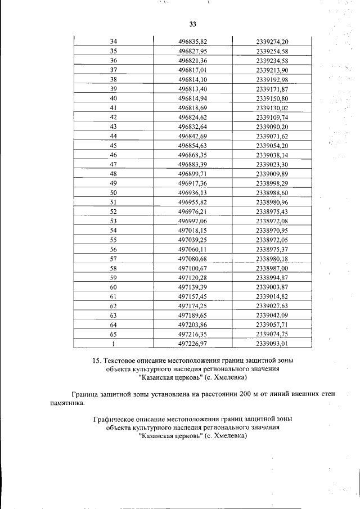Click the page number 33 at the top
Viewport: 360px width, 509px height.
point(192,24)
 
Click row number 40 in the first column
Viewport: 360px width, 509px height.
point(114,98)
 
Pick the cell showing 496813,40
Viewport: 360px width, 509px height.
point(193,89)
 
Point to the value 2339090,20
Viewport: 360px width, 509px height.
point(272,127)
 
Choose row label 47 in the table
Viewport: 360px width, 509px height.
point(114,164)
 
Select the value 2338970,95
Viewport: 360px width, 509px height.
point(272,230)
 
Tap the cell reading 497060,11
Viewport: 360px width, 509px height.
point(193,249)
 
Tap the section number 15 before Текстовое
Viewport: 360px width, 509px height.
point(97,361)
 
